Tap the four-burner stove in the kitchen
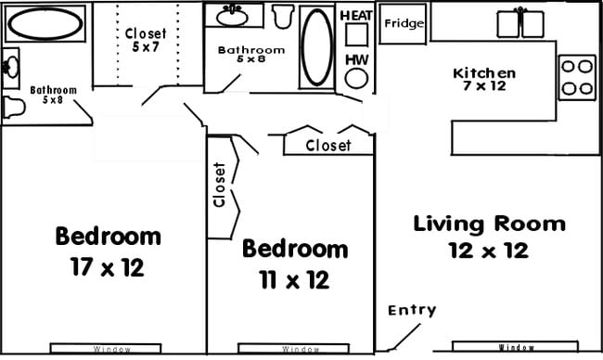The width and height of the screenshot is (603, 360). click(x=576, y=77)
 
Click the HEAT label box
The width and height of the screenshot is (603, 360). click(x=356, y=17)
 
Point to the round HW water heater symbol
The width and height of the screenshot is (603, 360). click(x=356, y=78)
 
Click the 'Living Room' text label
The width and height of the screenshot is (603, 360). click(x=489, y=224)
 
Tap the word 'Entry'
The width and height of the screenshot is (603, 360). click(x=411, y=310)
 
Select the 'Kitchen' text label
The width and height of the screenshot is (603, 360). click(x=483, y=73)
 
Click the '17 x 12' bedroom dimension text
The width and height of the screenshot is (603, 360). click(x=108, y=268)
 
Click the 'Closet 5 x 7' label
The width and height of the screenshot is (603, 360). click(x=146, y=41)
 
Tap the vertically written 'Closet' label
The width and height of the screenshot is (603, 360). click(x=220, y=185)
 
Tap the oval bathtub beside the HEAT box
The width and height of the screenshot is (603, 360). click(x=316, y=46)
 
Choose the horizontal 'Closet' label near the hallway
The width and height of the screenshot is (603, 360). click(x=327, y=146)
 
